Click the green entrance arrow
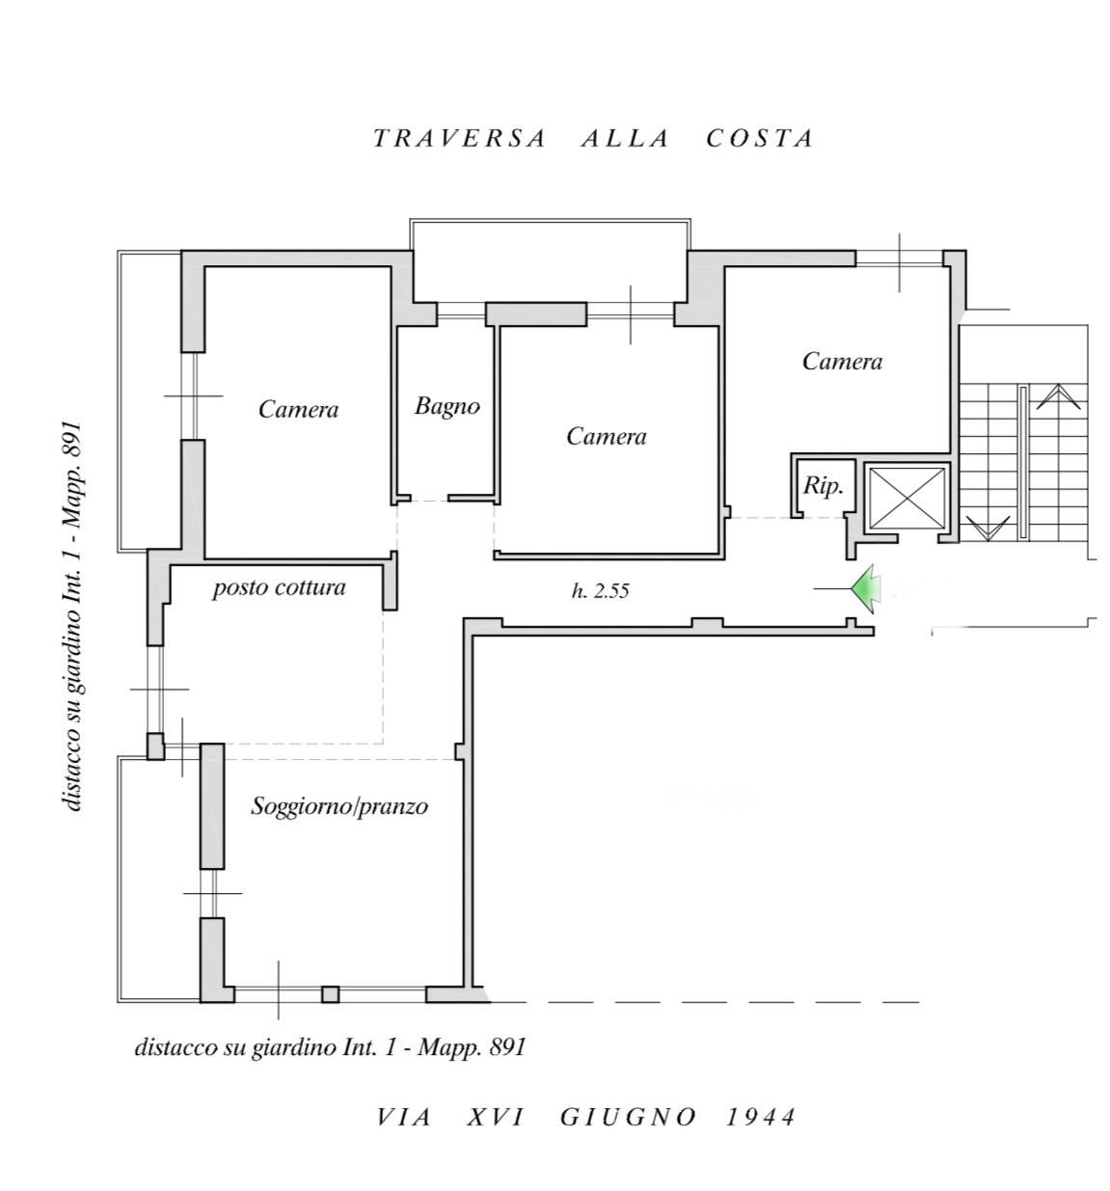(x=865, y=587)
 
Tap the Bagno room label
(x=447, y=406)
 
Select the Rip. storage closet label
(x=823, y=486)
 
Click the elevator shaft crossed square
(x=907, y=497)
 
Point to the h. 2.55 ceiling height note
(x=600, y=591)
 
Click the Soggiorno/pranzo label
(x=339, y=805)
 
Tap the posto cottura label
(x=279, y=587)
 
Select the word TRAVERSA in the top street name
(x=459, y=138)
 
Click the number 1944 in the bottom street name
(x=761, y=1117)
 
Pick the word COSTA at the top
(x=760, y=138)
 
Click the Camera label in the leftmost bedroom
(x=299, y=410)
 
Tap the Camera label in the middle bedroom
(x=607, y=437)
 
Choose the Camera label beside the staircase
(x=842, y=362)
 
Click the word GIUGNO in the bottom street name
(x=628, y=1117)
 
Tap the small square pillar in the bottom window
(x=330, y=994)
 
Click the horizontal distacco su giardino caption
(x=330, y=1047)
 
